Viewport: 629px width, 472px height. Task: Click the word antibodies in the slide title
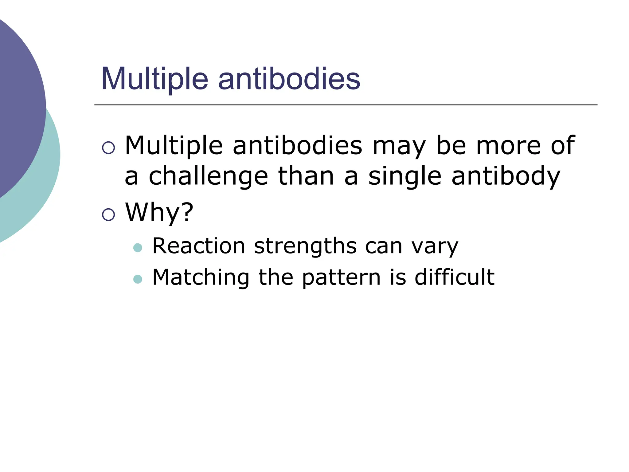point(289,79)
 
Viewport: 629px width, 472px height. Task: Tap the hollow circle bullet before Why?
point(108,214)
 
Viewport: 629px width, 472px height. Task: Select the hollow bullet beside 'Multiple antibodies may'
point(108,147)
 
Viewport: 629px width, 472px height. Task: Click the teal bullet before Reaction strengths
point(138,248)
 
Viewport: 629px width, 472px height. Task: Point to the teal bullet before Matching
point(138,279)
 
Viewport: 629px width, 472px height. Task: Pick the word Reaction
point(198,246)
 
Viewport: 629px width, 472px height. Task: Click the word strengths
point(305,246)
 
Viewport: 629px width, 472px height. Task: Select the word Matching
point(201,277)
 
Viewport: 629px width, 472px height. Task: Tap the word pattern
point(342,277)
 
